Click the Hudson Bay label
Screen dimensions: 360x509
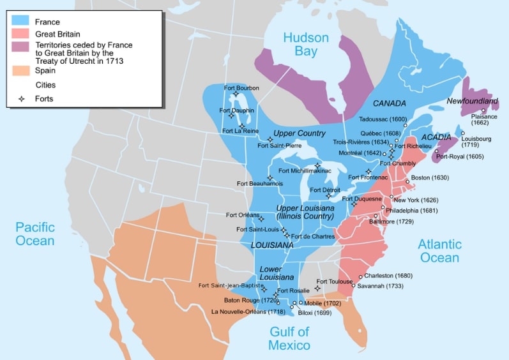tap(307, 43)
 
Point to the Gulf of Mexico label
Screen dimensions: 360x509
tap(289, 338)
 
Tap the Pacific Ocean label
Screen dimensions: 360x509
tap(35, 234)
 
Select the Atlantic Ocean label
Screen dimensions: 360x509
tap(439, 250)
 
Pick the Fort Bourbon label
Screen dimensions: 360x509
tap(241, 87)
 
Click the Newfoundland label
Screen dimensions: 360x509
tap(472, 101)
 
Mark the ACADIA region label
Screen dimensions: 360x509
tap(436, 137)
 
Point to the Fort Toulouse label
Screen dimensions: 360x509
tap(334, 281)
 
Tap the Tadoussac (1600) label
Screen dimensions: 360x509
tap(383, 119)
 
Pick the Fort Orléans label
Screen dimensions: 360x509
tap(243, 215)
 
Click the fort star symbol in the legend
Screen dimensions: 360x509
tap(21, 99)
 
